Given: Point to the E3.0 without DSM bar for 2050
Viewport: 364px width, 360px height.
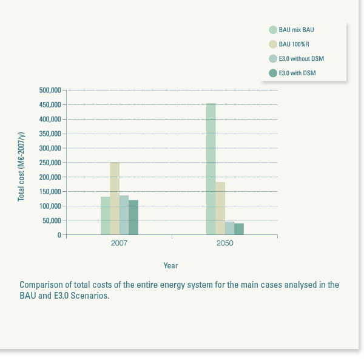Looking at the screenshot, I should tap(229, 228).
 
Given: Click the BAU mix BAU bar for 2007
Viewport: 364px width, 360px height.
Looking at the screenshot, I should tap(105, 216).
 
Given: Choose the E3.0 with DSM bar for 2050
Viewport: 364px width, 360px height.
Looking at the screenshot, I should tap(239, 229).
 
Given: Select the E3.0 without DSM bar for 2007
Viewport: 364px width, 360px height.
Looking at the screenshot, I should tap(124, 215).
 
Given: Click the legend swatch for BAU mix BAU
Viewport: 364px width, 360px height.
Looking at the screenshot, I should tap(273, 29).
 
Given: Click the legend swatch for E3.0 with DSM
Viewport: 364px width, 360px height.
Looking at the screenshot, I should tap(273, 73).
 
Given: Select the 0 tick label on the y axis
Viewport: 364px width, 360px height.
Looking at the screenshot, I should tap(59, 235).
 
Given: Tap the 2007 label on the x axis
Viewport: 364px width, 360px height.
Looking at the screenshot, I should tap(119, 243).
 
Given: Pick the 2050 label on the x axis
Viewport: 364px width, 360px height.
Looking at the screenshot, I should tap(224, 243).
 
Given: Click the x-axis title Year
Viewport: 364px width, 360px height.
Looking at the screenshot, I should tap(170, 265).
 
